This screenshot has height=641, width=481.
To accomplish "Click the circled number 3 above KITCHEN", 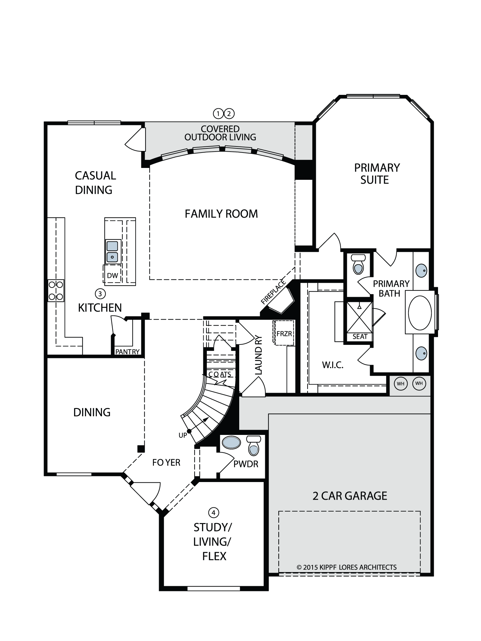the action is pyautogui.click(x=100, y=293).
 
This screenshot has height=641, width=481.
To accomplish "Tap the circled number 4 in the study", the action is pyautogui.click(x=214, y=512).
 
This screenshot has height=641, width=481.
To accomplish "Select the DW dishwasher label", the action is pyautogui.click(x=112, y=276).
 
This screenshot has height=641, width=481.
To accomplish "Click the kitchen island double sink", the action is pyautogui.click(x=112, y=252).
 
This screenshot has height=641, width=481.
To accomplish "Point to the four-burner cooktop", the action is pyautogui.click(x=56, y=290).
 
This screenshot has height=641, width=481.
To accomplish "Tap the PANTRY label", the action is pyautogui.click(x=127, y=352).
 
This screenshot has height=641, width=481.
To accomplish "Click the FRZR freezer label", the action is pyautogui.click(x=284, y=334).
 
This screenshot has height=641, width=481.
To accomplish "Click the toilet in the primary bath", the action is pyautogui.click(x=358, y=264).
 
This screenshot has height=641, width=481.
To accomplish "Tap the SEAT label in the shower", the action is pyautogui.click(x=360, y=337).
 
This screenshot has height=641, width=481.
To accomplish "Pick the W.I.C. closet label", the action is pyautogui.click(x=333, y=365).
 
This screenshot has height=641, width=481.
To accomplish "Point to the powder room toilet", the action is pyautogui.click(x=253, y=445).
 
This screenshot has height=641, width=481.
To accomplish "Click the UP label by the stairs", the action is pyautogui.click(x=183, y=436).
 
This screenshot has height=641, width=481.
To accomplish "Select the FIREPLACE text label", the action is pyautogui.click(x=273, y=292).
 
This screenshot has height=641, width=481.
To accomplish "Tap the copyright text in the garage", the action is pyautogui.click(x=347, y=567).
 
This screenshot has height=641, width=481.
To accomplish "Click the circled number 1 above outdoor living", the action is pyautogui.click(x=218, y=113).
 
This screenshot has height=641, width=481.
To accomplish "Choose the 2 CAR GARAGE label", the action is pyautogui.click(x=350, y=496).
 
